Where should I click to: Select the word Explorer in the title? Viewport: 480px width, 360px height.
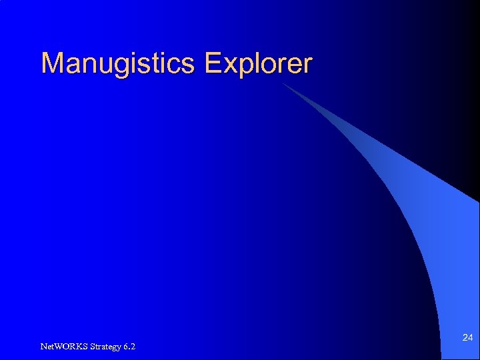(x=259, y=64)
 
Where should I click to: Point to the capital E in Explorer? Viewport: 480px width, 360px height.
(x=213, y=63)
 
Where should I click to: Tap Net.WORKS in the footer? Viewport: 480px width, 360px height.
(x=63, y=346)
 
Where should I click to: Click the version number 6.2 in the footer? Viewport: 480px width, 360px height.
(x=129, y=346)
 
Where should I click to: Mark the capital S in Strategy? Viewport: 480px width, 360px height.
(x=90, y=346)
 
